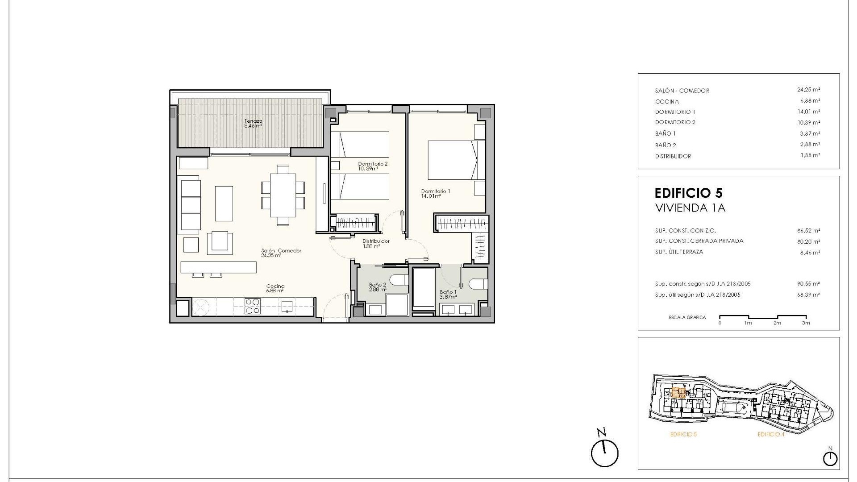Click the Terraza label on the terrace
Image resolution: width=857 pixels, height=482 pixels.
point(253,121)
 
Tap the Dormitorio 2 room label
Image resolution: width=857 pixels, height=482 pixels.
point(372,164)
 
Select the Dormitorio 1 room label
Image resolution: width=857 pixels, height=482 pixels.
point(435,191)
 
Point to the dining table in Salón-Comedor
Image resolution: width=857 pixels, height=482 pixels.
point(283,195)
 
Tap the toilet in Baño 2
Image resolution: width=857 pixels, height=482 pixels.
point(399,280)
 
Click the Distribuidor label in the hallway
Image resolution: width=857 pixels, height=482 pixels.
point(376,241)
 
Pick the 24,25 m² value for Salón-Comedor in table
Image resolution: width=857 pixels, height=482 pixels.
point(808,90)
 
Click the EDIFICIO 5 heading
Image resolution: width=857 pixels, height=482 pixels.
point(688,193)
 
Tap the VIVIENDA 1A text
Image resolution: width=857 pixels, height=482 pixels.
point(690,208)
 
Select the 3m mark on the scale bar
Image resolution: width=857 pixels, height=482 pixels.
point(805,323)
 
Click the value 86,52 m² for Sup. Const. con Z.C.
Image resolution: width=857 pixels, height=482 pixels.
point(808,231)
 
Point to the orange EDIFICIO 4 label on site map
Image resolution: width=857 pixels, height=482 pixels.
point(770,434)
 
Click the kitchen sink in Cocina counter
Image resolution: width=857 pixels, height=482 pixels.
point(287,306)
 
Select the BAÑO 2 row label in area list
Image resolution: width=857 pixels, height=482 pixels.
point(665,145)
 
